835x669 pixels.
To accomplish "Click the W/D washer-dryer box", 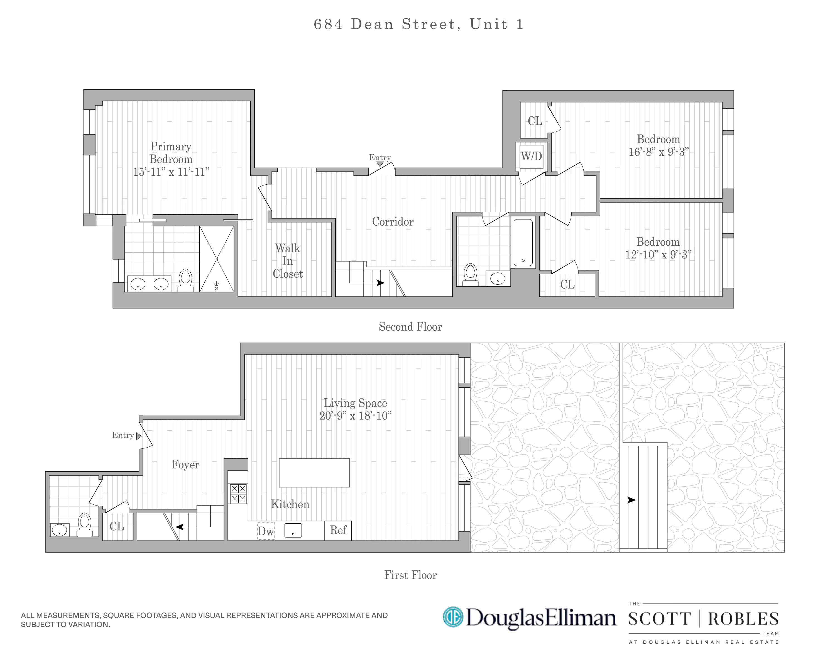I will [531, 157].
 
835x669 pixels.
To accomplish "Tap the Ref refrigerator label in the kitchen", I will [338, 530].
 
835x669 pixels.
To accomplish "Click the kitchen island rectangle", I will [314, 473].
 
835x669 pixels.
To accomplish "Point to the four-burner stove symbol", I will [238, 494].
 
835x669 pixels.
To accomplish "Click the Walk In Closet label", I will [287, 261].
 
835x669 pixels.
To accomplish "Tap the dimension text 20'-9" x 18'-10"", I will [355, 416].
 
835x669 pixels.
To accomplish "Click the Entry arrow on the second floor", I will [380, 164].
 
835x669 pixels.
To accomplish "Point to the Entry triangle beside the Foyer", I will [139, 436].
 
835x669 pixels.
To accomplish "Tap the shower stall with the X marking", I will [217, 259].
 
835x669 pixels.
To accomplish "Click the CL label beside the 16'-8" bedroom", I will [535, 121].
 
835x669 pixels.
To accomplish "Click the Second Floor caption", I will [410, 326].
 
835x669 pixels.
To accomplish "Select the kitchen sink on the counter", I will [293, 530].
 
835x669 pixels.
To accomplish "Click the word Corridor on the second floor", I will [392, 222].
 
